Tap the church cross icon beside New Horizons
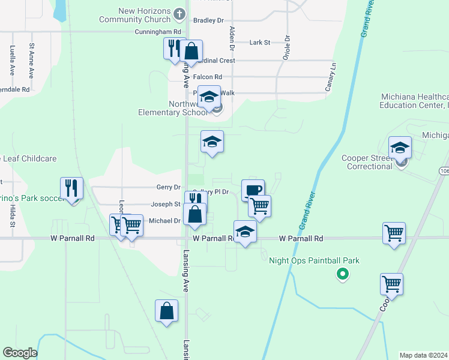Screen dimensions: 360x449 (179, 13)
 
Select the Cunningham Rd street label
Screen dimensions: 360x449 (158, 31)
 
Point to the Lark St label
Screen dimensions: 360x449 (259, 43)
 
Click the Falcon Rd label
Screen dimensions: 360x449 (208, 77)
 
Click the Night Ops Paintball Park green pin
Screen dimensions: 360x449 (342, 275)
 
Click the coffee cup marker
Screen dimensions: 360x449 (253, 190)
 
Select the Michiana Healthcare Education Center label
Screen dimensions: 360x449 (414, 101)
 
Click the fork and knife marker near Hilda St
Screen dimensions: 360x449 (71, 188)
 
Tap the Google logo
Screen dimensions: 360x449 (20, 353)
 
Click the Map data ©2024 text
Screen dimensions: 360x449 (423, 355)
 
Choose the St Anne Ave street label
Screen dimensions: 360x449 (31, 60)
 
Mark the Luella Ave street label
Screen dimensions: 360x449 (12, 61)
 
